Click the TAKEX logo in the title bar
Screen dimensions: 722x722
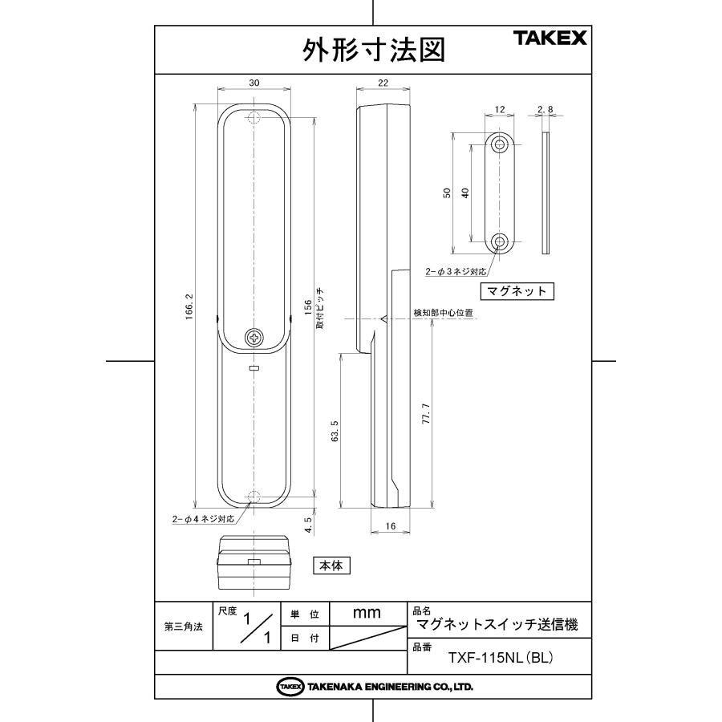(550, 38)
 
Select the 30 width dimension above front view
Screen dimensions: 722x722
(254, 83)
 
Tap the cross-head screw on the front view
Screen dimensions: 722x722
(254, 338)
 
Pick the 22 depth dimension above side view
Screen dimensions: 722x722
(383, 83)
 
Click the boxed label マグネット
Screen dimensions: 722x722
(517, 290)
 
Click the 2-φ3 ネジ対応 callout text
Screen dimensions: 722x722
(456, 271)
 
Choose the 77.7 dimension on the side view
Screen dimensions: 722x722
(427, 415)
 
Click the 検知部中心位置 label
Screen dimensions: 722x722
(443, 312)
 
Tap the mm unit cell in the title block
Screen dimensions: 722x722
(367, 612)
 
